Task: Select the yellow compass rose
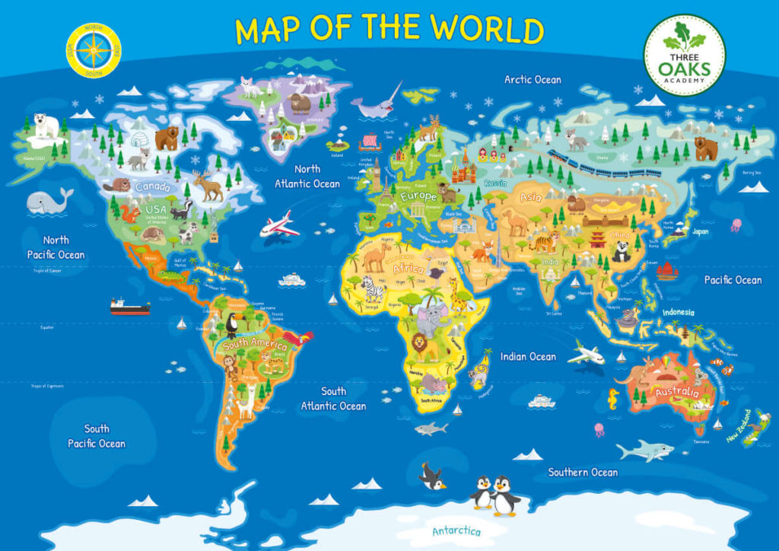point(94,51)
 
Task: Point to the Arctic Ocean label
point(533,79)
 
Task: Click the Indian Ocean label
point(528,356)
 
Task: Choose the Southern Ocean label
point(583,472)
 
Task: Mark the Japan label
point(700,231)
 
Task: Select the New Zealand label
point(738,427)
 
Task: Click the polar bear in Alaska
point(46,125)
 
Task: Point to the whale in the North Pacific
point(49,201)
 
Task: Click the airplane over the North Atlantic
point(279,225)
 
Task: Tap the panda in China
point(622,251)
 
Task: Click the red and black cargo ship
point(130,307)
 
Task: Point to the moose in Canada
point(208,185)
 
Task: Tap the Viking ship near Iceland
point(367,142)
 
